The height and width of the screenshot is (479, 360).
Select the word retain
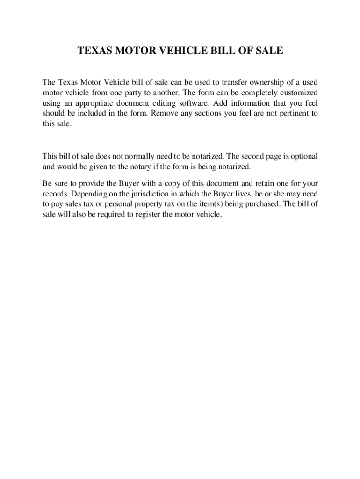pyautogui.click(x=251, y=183)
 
